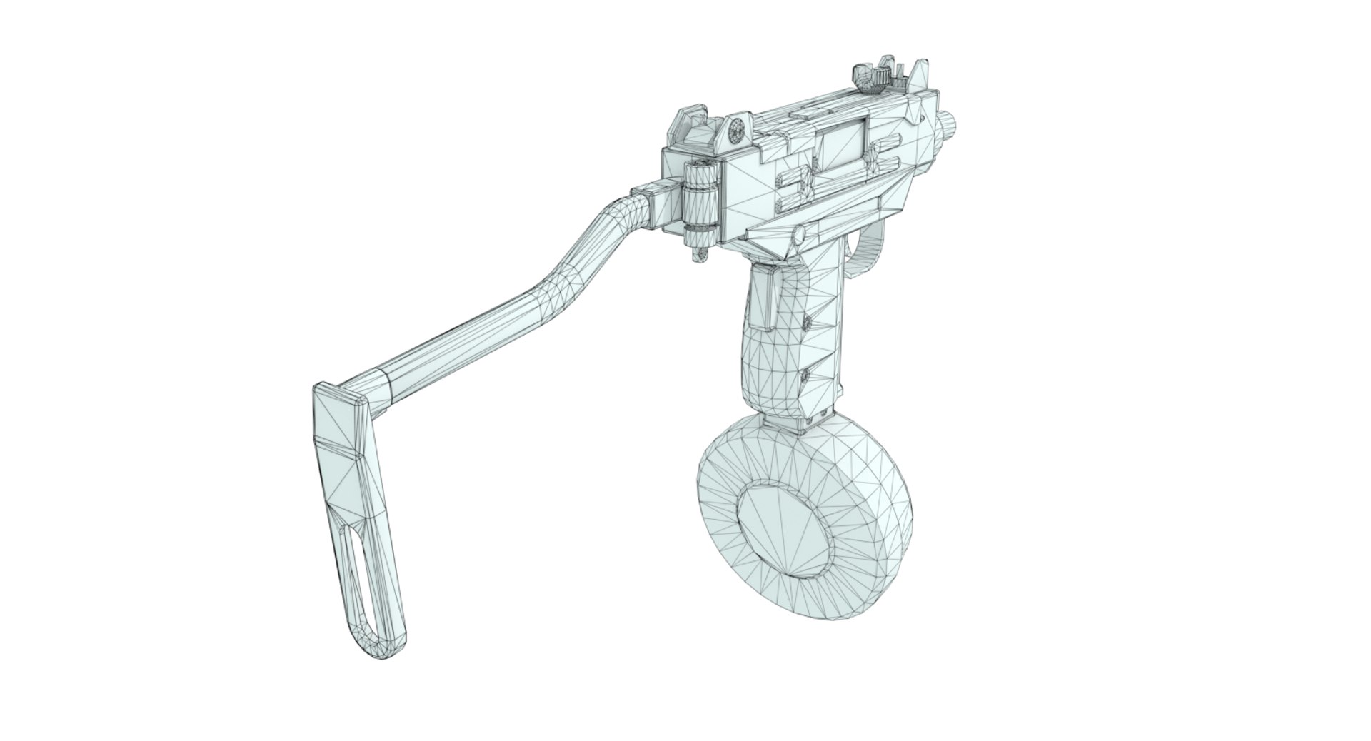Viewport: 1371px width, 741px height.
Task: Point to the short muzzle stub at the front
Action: click(x=950, y=125)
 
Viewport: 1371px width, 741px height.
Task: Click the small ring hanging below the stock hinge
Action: click(x=700, y=251)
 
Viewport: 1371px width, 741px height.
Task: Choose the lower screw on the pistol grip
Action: click(x=807, y=377)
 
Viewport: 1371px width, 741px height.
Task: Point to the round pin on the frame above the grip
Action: click(x=800, y=233)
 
